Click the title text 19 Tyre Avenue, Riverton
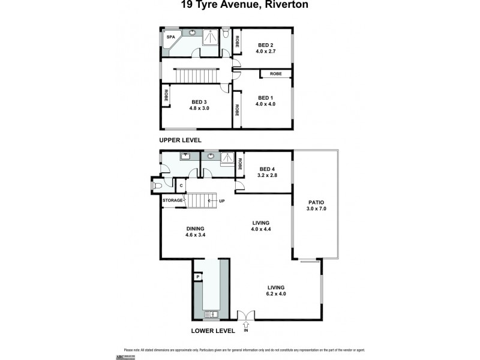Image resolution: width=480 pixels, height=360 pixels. (240, 5)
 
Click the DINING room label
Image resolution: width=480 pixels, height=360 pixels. (196, 228)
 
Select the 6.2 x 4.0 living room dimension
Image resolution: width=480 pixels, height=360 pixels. (276, 294)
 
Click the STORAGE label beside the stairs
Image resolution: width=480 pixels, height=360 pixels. (172, 200)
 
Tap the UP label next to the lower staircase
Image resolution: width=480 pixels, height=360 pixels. (221, 200)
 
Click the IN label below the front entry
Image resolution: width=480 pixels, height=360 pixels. (245, 331)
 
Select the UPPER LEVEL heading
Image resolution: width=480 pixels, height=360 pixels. (180, 140)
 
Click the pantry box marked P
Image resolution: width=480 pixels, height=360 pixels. (197, 277)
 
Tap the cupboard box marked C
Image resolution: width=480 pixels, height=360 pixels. (181, 186)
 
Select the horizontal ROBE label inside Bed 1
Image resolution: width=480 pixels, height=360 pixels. (276, 73)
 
